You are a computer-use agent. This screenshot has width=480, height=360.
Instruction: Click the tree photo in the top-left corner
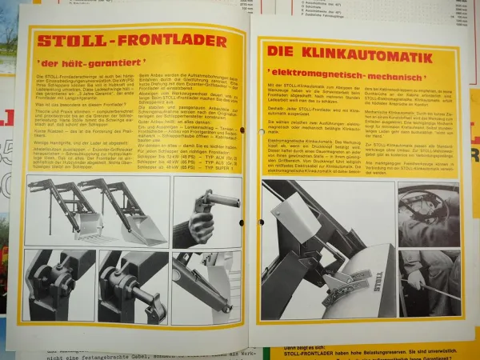[x=7, y=36]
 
